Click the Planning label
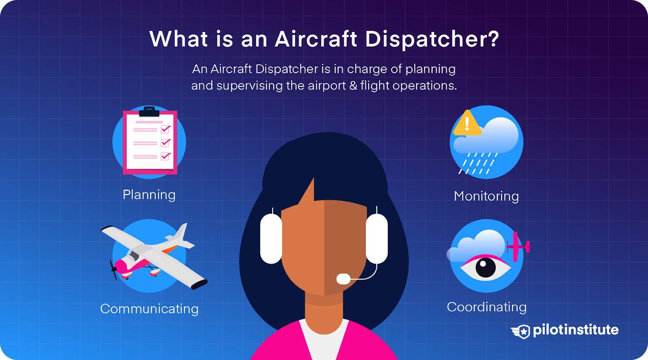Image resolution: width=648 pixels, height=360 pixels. (x=149, y=195)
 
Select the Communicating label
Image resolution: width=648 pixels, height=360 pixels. (x=149, y=309)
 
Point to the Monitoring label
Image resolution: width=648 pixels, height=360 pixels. (x=486, y=196)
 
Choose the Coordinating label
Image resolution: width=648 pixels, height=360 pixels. (x=486, y=307)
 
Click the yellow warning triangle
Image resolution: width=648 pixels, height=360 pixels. (x=467, y=124)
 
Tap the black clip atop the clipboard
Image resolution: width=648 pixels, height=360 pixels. (x=149, y=112)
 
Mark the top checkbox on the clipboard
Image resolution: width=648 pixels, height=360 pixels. (x=166, y=129)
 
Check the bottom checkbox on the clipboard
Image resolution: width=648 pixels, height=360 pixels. (x=166, y=156)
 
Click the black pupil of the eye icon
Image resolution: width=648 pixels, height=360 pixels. (x=486, y=268)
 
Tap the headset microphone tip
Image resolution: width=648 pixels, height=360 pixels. (x=343, y=279)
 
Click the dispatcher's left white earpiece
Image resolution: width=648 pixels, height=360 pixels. (x=271, y=239)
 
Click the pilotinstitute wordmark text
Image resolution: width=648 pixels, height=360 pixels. (x=576, y=330)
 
